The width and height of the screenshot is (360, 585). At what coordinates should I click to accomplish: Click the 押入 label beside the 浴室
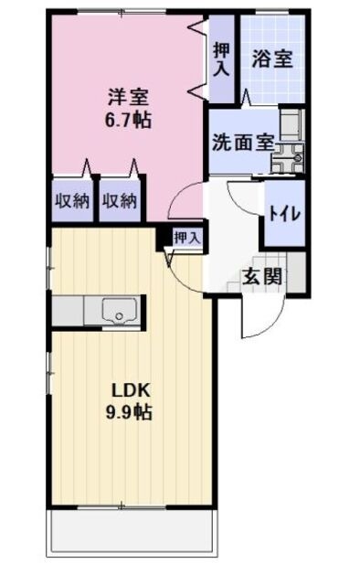coord(221,59)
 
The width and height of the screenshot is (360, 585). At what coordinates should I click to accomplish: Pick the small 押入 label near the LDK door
coord(186,237)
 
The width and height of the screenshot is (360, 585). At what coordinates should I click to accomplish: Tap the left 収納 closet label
coord(70,200)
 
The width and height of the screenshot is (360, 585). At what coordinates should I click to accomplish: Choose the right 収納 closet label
coord(120,200)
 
